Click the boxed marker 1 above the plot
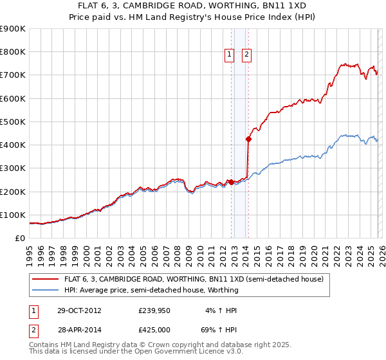(229, 55)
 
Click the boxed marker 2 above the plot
(246, 55)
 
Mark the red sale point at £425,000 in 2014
(248, 139)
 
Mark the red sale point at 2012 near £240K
(231, 182)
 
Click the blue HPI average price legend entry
(151, 290)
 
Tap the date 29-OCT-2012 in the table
(78, 310)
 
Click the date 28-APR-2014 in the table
(78, 329)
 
